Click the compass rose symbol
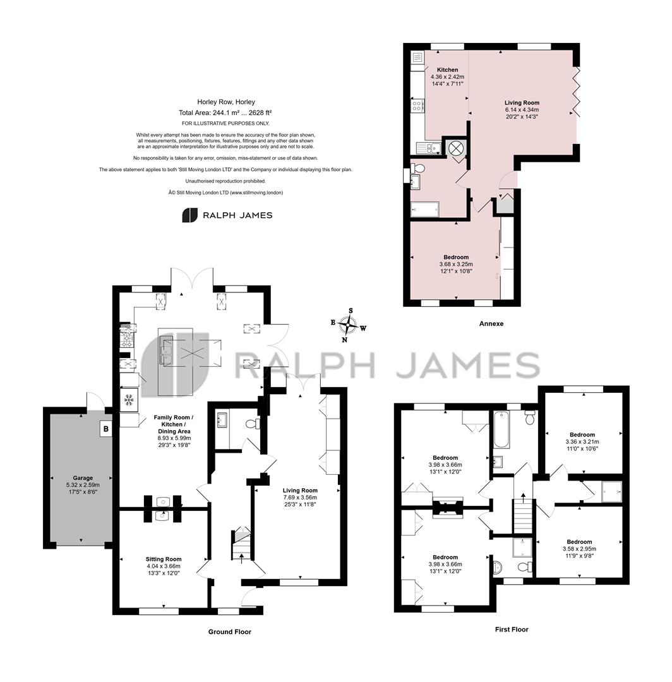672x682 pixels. (348, 325)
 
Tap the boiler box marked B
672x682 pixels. (105, 429)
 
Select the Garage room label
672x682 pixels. (83, 477)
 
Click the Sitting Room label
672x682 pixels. (164, 559)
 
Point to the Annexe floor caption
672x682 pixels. (491, 323)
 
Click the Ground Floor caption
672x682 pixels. (230, 631)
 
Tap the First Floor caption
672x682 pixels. (512, 629)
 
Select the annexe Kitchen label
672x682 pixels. (447, 69)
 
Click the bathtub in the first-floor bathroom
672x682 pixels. (501, 430)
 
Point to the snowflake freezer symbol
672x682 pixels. (129, 399)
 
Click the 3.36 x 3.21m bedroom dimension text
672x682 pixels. (582, 441)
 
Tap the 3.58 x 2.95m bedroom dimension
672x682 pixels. (579, 549)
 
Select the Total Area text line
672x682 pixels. (225, 112)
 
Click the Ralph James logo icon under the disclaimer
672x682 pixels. (189, 215)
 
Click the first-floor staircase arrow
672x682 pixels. (523, 496)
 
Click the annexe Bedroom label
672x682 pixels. (456, 257)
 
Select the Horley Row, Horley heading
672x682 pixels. (225, 102)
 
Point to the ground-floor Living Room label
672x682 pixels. (299, 490)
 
